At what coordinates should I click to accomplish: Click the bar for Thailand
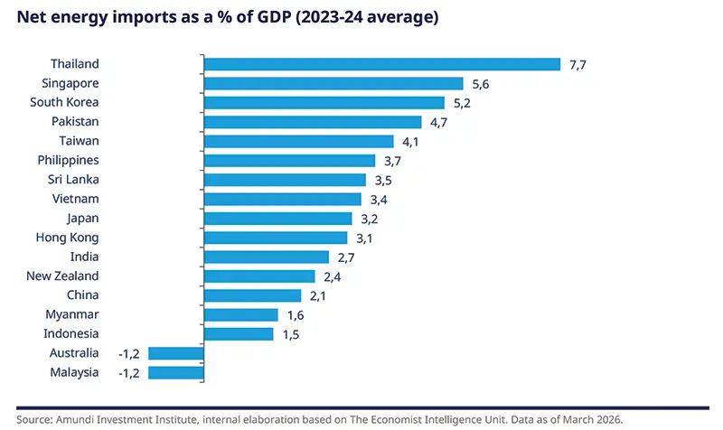382,64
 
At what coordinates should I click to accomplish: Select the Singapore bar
333,83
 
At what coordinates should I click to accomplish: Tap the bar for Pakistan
313,122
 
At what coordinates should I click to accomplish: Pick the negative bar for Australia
176,353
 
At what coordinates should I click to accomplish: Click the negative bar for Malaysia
176,372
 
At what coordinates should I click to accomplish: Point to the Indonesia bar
239,334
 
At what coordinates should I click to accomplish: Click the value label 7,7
578,65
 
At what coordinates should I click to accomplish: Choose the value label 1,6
295,315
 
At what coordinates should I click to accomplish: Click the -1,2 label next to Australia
130,353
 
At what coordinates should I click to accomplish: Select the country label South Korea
64,102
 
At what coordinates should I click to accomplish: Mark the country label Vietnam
75,199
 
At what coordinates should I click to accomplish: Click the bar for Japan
278,219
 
